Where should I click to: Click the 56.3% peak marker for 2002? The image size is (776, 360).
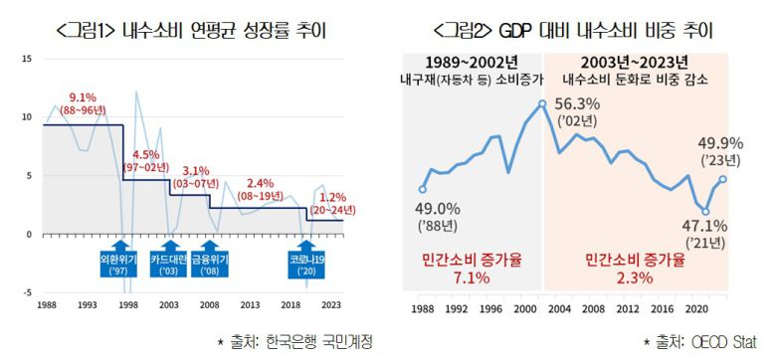[542, 102]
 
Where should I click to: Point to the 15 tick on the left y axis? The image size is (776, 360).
[27, 59]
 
